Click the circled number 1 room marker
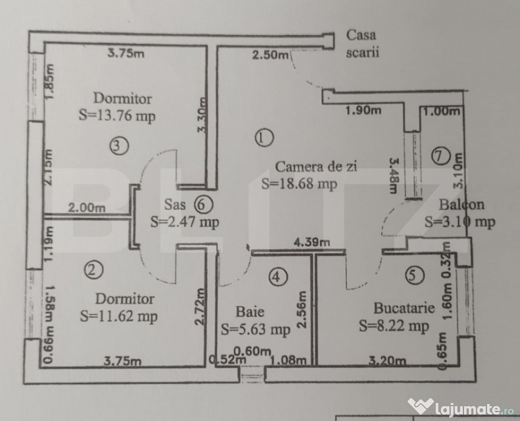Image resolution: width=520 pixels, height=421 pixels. [264, 138]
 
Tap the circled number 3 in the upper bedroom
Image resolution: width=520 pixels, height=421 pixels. [119, 146]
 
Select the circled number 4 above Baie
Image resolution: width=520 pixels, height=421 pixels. [278, 277]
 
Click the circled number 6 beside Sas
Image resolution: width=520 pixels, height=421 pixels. [203, 204]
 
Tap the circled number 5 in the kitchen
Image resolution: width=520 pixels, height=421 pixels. [415, 275]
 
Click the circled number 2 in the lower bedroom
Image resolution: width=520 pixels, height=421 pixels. [93, 270]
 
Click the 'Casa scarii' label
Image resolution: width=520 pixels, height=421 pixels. [363, 44]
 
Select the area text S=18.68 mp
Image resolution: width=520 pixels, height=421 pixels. [299, 184]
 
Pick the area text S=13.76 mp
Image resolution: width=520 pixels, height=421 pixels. [117, 116]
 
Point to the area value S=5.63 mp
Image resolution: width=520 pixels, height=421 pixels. [256, 329]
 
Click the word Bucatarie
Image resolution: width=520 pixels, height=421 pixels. [404, 308]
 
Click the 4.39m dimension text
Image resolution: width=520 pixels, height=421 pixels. [312, 242]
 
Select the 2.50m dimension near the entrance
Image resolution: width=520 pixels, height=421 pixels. [270, 55]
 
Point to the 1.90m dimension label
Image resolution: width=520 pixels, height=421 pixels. [363, 110]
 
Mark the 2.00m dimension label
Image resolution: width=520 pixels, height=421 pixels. [87, 208]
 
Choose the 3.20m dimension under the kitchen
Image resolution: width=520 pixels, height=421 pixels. [387, 361]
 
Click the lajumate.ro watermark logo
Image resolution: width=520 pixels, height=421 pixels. [461, 407]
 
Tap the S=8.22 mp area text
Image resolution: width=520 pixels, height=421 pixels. [394, 326]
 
